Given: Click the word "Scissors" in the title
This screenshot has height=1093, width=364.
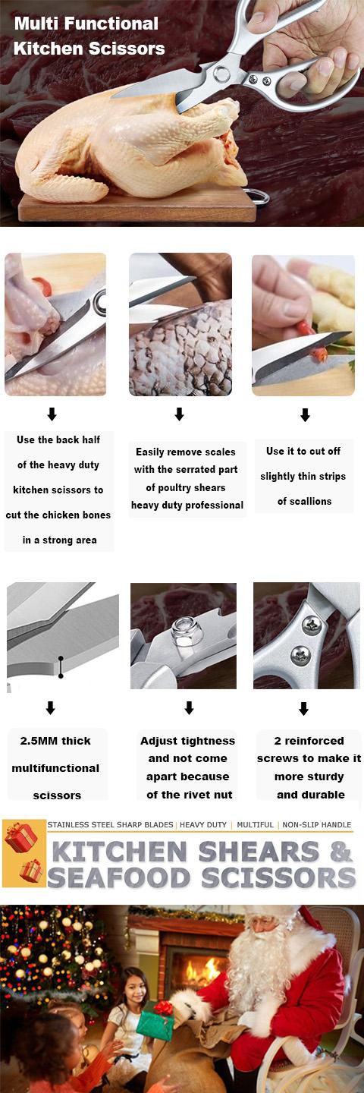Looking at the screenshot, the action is pos(127,49).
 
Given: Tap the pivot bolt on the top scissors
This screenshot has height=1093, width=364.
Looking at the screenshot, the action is pos(221,74).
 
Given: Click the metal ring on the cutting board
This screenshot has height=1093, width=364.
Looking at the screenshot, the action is pos(261,197).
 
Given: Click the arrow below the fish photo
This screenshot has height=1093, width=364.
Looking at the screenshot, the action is pos(179,414).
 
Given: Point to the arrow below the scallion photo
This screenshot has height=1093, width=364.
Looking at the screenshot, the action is pos(305,414).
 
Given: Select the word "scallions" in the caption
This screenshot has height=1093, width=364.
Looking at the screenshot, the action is pos(305,501).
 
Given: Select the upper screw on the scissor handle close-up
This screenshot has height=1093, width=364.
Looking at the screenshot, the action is pos(312,625).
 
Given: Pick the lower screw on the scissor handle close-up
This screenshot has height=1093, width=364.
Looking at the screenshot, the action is pos(300,655).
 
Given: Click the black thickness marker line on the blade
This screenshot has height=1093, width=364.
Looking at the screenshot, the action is pos(61,667).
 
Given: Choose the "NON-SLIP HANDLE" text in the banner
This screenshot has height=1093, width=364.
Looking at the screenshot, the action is pos(317,824).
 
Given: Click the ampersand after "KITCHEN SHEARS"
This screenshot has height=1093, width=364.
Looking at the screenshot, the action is pos(340,852).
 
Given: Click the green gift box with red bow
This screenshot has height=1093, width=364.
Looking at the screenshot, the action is pos(155,1019).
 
